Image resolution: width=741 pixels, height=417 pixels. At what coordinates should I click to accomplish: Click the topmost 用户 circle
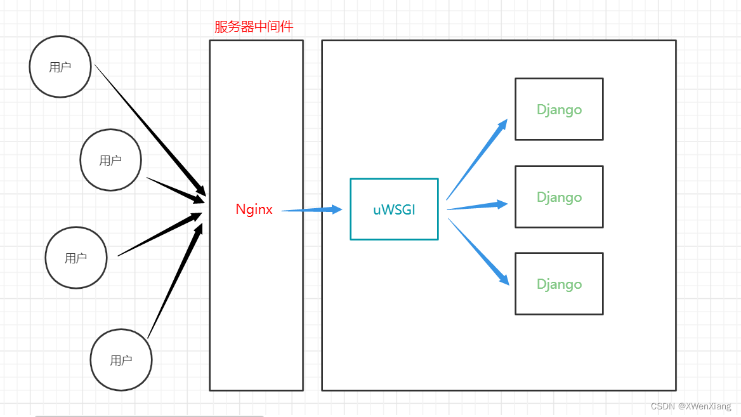coord(60,67)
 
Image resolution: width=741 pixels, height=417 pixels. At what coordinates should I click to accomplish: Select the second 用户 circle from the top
coord(110,160)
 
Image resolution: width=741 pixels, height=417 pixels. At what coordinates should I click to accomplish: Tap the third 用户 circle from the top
coord(75,258)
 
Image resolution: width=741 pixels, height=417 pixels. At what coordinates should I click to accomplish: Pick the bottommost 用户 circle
coord(121,360)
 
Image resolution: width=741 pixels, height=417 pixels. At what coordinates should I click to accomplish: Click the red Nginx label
coord(254,209)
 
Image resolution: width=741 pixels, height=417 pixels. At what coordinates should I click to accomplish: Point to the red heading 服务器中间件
coord(254,27)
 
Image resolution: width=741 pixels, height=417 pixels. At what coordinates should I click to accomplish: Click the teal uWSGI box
coord(394,209)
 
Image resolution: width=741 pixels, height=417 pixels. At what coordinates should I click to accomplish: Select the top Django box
coord(558,109)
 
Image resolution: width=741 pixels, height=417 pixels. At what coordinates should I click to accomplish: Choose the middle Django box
coord(558,197)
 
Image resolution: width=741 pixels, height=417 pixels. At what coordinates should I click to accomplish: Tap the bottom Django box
coord(558,284)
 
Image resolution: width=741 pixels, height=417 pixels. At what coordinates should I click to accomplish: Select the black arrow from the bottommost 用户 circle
coord(174,276)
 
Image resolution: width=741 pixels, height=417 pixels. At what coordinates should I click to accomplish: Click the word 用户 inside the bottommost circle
coord(121,360)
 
